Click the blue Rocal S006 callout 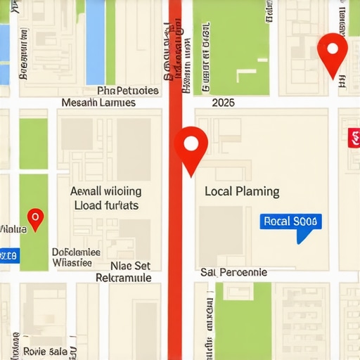pos(291,221)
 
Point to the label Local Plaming pos(241,191)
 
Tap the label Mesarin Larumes pos(98,103)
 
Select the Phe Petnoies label pos(127,91)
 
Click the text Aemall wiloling pos(105,191)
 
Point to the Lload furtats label pos(106,205)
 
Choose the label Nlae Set pos(130,266)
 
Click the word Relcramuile pos(123,278)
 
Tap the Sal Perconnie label pos(233,272)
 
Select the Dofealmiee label pos(76,252)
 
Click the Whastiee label pos(72,263)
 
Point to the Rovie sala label pos(45,351)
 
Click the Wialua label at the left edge pos(12,229)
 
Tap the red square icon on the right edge pos(354,138)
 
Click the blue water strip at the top pos(95,32)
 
